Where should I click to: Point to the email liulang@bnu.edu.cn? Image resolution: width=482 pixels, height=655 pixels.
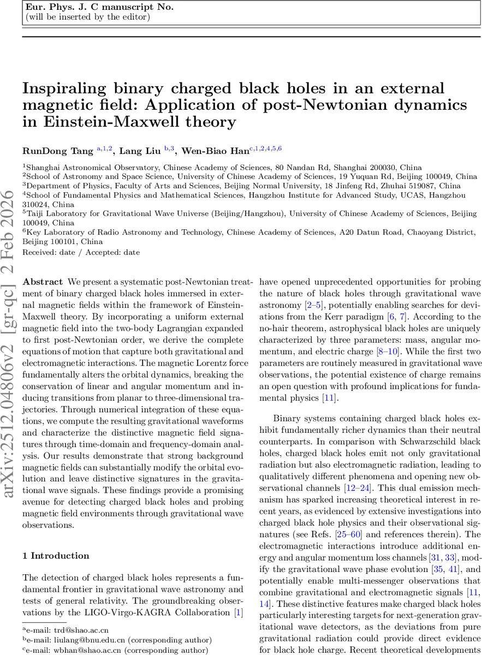click(x=86, y=640)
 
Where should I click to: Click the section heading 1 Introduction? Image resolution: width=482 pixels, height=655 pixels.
click(x=56, y=556)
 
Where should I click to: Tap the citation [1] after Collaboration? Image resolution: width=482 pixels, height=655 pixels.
click(x=237, y=613)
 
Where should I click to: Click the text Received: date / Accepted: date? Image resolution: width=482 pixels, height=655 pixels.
click(x=81, y=252)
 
